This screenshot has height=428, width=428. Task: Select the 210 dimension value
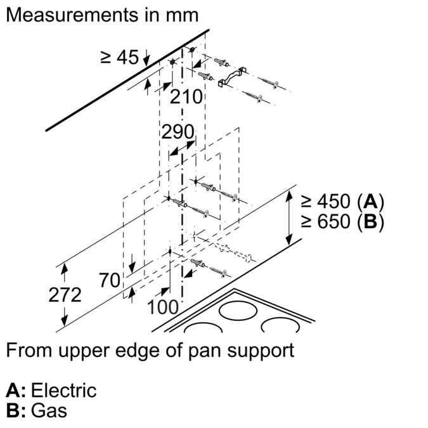(x=186, y=98)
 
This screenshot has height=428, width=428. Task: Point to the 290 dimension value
(x=177, y=133)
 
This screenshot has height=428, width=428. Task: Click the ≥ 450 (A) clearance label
(x=343, y=202)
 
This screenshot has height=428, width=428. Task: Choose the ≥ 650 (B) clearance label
(x=343, y=223)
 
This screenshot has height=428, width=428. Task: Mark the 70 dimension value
(x=110, y=280)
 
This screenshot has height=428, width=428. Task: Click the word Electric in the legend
(x=63, y=390)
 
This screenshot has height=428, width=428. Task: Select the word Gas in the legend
(x=49, y=410)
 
